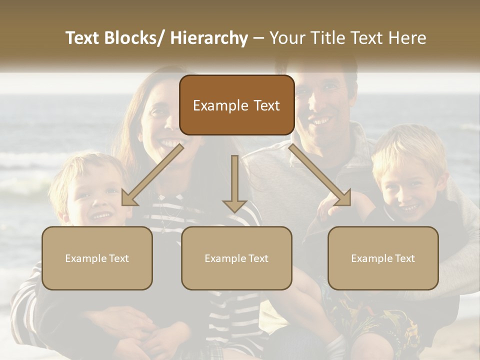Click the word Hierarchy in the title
pyautogui.click(x=209, y=38)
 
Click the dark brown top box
pyautogui.click(x=236, y=105)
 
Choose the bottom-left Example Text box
pyautogui.click(x=97, y=258)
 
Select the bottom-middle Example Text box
pyautogui.click(x=236, y=258)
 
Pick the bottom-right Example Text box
pyautogui.click(x=383, y=258)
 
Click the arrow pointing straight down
pyautogui.click(x=234, y=183)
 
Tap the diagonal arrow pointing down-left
pyautogui.click(x=152, y=174)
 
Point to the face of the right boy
pyautogui.click(x=407, y=192)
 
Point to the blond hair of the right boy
pyautogui.click(x=405, y=145)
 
